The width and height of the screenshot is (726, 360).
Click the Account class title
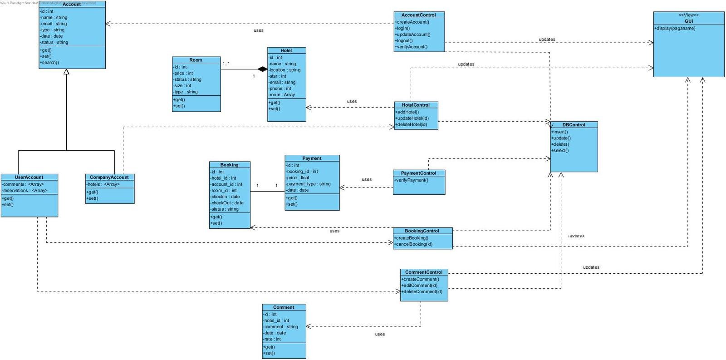coord(72,4)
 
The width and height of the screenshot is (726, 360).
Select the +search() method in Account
coord(50,63)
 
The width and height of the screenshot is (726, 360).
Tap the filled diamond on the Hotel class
coord(262,69)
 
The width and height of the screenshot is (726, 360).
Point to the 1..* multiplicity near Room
coord(226,64)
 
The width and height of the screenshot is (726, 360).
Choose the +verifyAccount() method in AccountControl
coord(411,47)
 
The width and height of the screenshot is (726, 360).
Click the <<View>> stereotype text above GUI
coord(688,15)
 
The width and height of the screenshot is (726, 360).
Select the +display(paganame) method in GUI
coord(675,28)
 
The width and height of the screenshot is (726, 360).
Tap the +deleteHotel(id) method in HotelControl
coord(412,124)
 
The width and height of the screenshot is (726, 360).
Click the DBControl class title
coord(574,125)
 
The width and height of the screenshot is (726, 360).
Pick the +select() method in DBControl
coord(560,150)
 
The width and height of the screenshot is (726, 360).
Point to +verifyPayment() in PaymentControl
coord(411,180)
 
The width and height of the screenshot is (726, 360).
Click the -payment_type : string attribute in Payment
coord(309,184)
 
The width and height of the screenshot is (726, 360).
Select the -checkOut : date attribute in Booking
coord(227,203)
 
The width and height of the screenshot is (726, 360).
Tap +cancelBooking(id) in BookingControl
coord(413,244)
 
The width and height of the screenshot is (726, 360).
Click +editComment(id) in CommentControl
coord(420,286)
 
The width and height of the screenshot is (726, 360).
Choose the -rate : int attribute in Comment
coord(272,339)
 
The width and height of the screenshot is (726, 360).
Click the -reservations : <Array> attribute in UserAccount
coord(25,191)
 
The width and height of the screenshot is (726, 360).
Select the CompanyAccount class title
coord(109,178)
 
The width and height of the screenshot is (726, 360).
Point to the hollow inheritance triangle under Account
coord(66,72)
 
